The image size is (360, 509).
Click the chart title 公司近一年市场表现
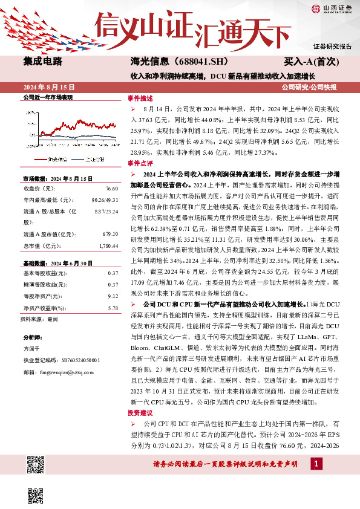[x=47, y=97]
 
